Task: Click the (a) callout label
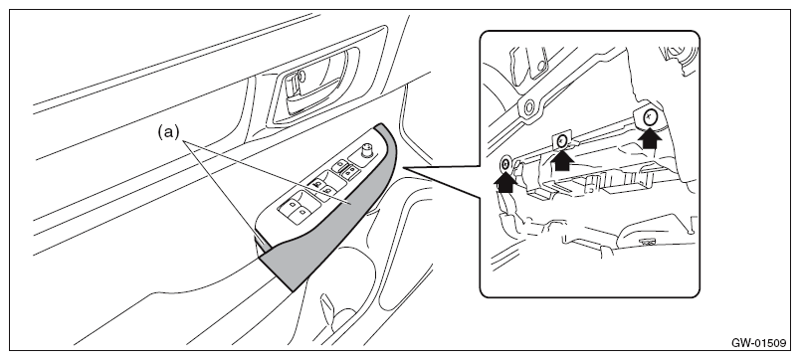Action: click(168, 132)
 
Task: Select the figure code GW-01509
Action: click(758, 343)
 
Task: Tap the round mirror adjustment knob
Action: click(366, 151)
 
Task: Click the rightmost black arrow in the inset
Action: click(649, 136)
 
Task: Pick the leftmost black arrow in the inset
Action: click(505, 181)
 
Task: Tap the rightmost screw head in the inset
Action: click(649, 117)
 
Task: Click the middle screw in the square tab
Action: click(562, 140)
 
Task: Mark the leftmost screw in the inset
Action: click(505, 164)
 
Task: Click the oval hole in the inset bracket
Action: click(529, 107)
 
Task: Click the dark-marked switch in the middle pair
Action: click(317, 185)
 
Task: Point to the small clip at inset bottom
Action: click(649, 242)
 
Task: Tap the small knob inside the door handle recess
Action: click(301, 77)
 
